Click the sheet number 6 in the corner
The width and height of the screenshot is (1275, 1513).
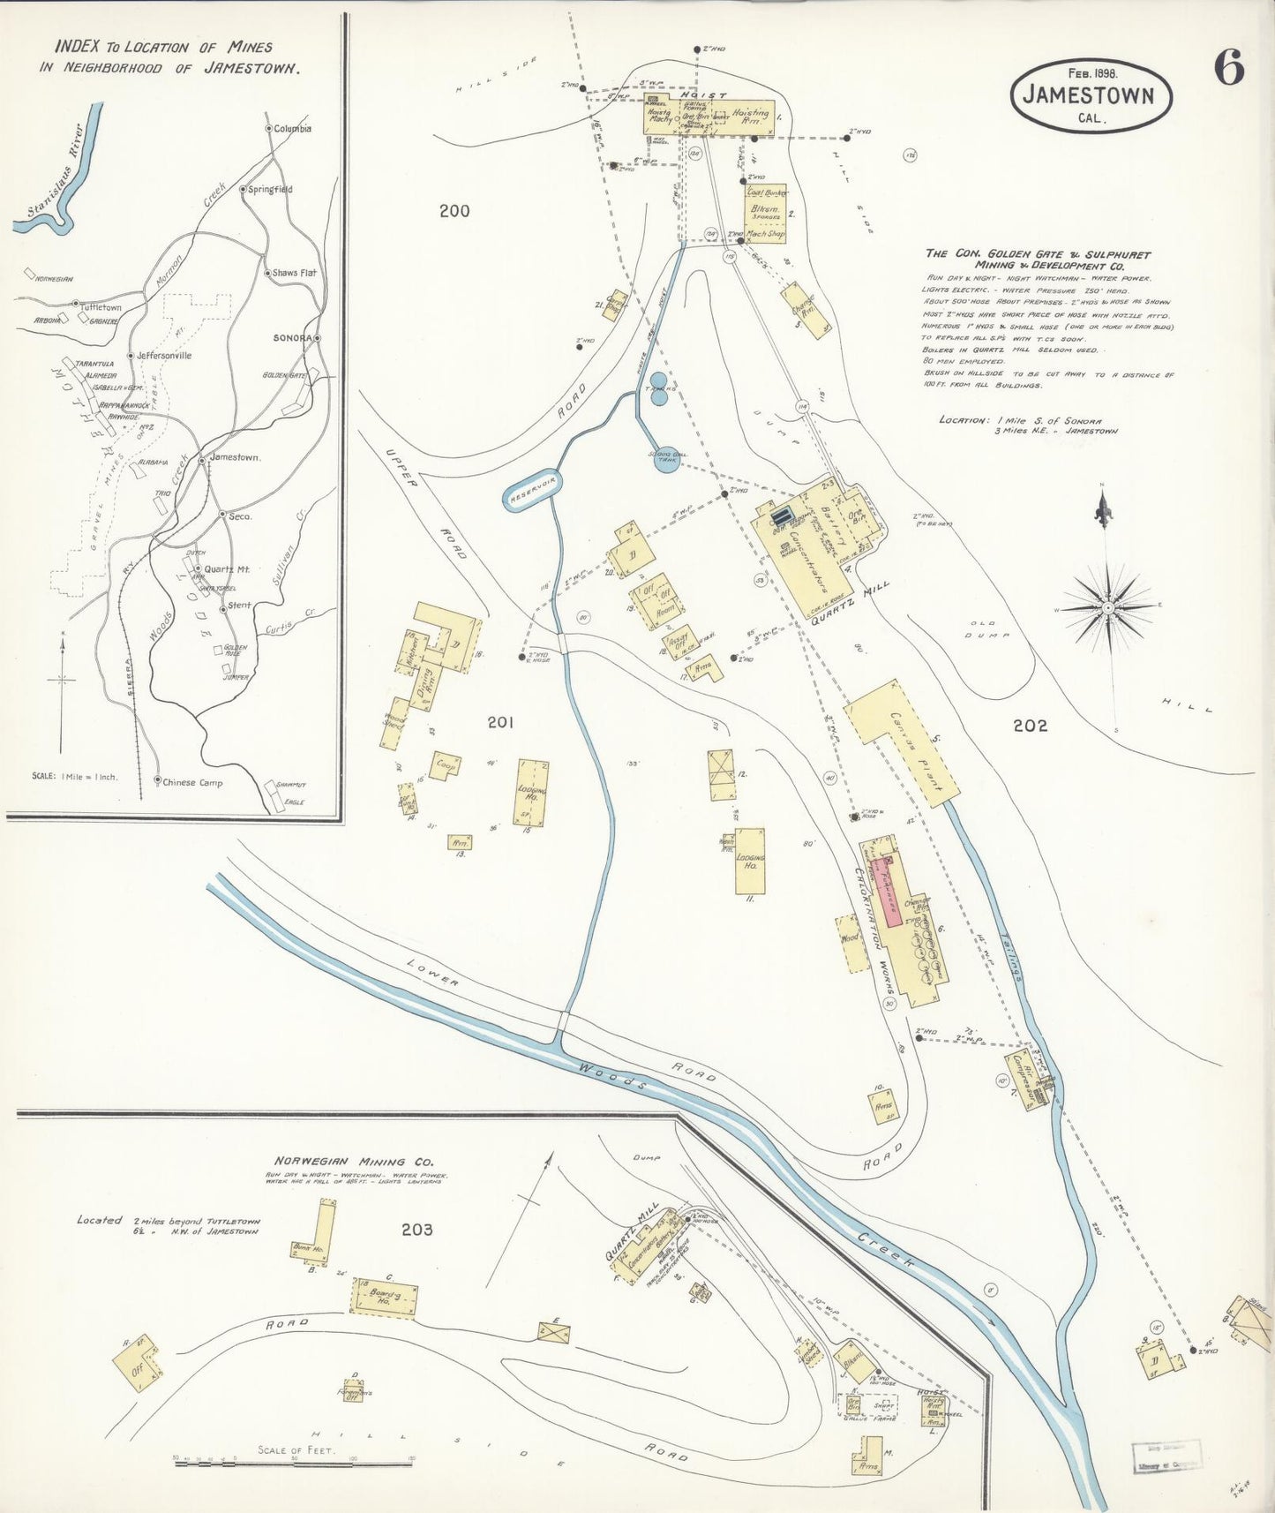[1229, 67]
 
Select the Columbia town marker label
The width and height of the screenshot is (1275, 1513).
[291, 129]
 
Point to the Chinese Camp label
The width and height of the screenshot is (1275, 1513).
[192, 782]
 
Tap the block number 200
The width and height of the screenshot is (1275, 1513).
[454, 211]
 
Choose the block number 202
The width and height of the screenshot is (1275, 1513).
[1030, 726]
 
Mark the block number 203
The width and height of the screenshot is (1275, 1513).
[416, 1229]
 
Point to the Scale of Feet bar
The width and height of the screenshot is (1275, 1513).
[296, 1463]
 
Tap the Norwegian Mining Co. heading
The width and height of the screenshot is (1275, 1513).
[340, 1162]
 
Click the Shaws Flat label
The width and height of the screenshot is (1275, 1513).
[294, 274]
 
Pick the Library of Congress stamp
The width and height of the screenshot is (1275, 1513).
[1166, 1454]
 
